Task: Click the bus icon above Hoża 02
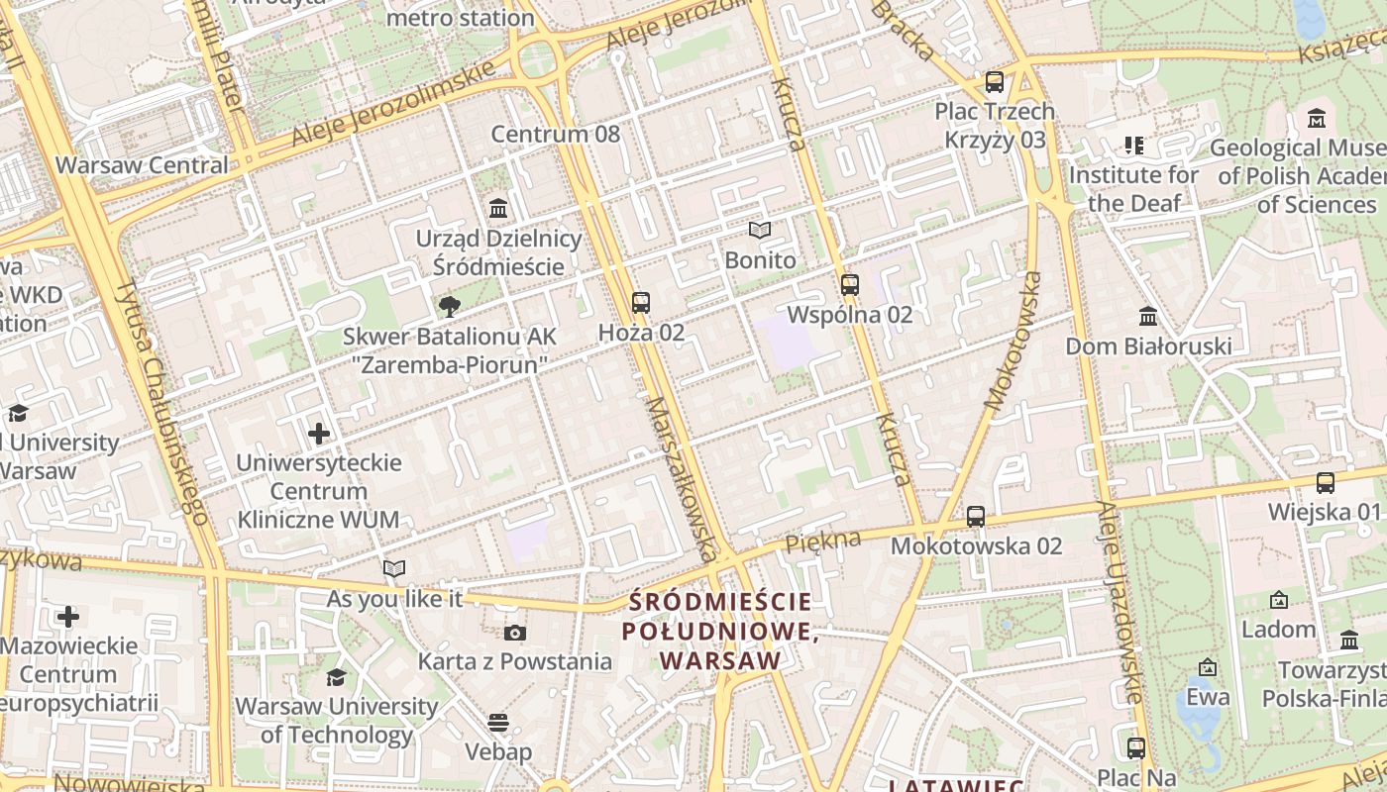(x=641, y=302)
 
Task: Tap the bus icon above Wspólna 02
(x=849, y=284)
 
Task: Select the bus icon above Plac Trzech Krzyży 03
(x=995, y=81)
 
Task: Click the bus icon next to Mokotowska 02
(x=976, y=516)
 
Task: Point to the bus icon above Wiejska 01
(x=1325, y=482)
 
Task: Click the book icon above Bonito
(x=760, y=230)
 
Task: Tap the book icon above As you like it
(x=394, y=568)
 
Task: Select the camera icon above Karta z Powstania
(x=514, y=633)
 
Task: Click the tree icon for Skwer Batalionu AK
(x=450, y=305)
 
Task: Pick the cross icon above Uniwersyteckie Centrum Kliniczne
(x=319, y=433)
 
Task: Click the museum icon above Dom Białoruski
(x=1148, y=316)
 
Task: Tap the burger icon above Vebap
(x=498, y=722)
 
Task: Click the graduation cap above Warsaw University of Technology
(x=337, y=677)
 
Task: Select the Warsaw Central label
(x=142, y=164)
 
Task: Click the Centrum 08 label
(x=555, y=134)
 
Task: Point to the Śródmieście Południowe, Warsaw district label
(x=720, y=631)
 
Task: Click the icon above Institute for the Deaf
(x=1134, y=146)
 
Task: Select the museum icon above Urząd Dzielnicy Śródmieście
(x=498, y=208)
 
